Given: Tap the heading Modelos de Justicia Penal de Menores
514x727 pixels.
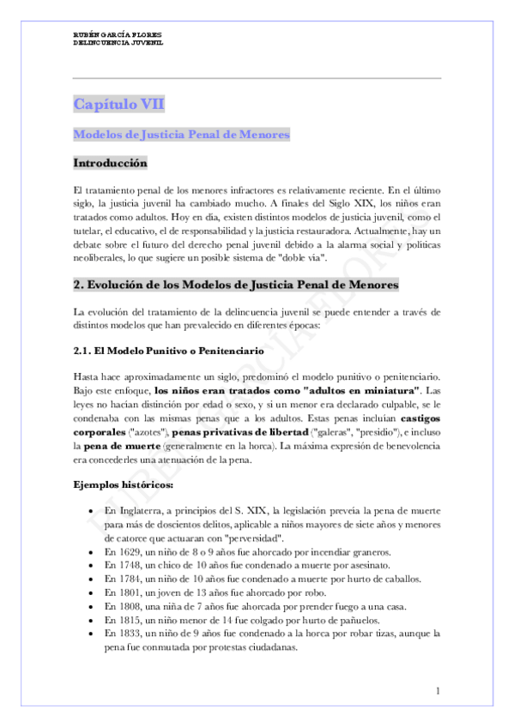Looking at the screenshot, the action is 181,135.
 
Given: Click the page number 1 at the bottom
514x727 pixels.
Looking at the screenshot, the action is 438,691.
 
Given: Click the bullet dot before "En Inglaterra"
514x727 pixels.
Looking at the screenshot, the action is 92,512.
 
